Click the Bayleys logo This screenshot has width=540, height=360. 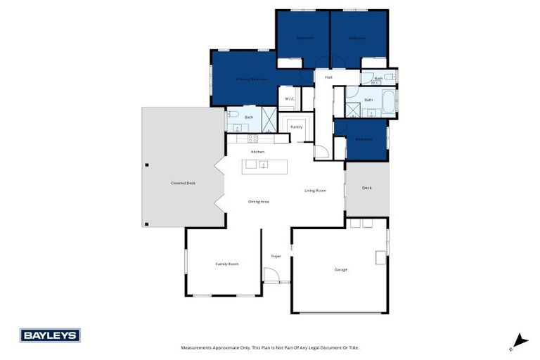tap(50, 335)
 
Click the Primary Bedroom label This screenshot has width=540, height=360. tap(251, 79)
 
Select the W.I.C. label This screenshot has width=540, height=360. tap(290, 98)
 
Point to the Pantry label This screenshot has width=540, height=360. tap(296, 127)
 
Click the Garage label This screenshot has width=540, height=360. tap(340, 269)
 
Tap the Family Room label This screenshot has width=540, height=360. tap(226, 264)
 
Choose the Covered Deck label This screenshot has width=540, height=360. tap(182, 183)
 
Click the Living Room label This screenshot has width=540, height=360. tap(315, 191)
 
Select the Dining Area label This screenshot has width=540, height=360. tap(259, 201)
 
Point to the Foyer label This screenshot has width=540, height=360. tap(276, 256)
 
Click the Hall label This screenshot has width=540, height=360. tap(328, 77)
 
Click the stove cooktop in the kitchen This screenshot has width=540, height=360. tap(252, 139)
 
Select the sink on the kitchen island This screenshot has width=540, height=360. tap(263, 165)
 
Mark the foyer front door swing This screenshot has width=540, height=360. tap(271, 276)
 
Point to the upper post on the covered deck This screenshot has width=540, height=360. tap(147, 165)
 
